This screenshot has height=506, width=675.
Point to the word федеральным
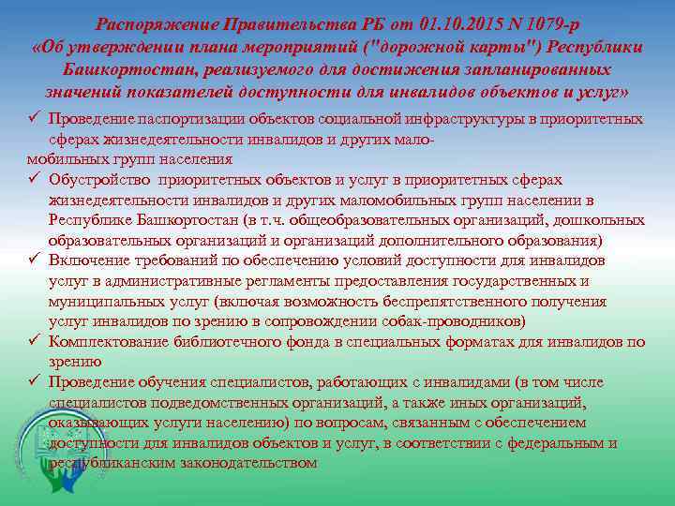(554, 443)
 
